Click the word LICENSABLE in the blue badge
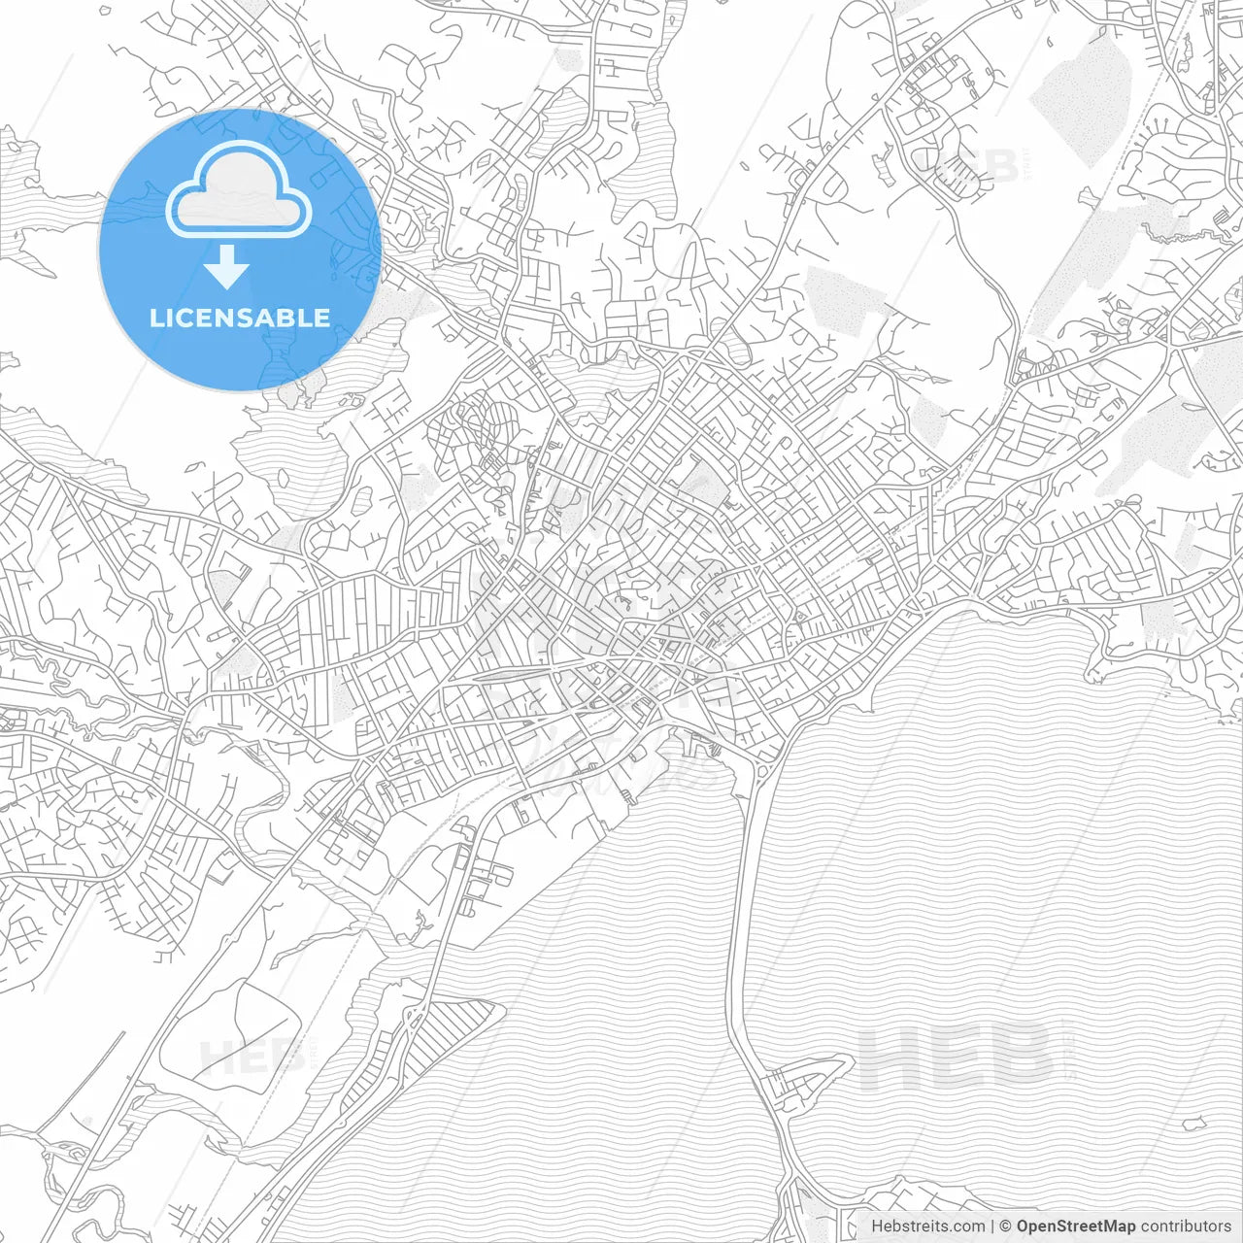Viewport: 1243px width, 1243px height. click(x=240, y=318)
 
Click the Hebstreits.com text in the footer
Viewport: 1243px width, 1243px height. click(x=927, y=1226)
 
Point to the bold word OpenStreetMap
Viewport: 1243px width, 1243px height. click(x=1075, y=1226)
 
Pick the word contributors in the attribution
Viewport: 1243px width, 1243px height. click(x=1186, y=1226)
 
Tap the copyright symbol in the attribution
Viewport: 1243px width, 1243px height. click(x=1005, y=1226)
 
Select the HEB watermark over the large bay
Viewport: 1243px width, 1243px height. click(x=957, y=1056)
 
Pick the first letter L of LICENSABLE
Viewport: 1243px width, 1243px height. click(x=155, y=318)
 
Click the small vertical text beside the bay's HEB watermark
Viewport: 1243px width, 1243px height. click(x=1068, y=1054)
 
